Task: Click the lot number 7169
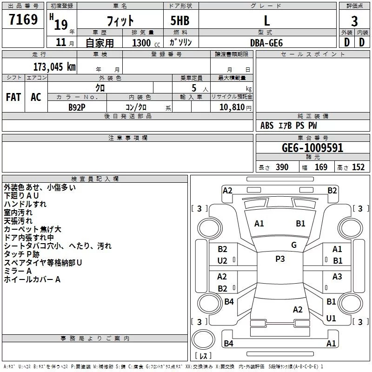tap(23, 20)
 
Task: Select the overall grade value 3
tap(354, 21)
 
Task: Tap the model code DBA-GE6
tap(266, 43)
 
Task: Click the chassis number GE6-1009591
tap(312, 148)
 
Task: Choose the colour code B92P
tap(77, 106)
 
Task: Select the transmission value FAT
tap(13, 97)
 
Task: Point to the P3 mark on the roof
tap(280, 259)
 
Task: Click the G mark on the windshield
tap(294, 245)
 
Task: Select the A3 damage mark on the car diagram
tap(337, 277)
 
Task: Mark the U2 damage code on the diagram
tap(222, 261)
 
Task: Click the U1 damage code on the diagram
tap(331, 319)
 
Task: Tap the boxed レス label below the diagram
tap(203, 356)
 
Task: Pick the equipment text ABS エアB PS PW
tap(289, 126)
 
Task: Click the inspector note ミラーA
tap(18, 271)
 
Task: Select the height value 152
tap(358, 167)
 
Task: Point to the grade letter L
tap(266, 21)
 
